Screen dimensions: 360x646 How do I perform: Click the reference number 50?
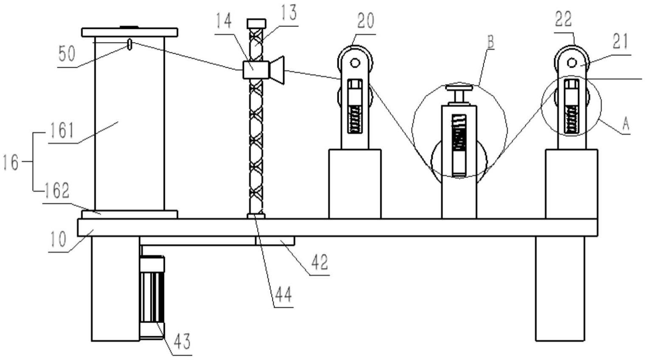coord(66,54)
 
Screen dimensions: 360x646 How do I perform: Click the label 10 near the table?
coord(57,239)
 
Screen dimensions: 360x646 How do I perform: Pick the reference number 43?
coord(181,341)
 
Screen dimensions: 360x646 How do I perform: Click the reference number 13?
coord(289,13)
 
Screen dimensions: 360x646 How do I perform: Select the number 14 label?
coord(224,20)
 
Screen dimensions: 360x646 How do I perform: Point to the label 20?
coord(365,20)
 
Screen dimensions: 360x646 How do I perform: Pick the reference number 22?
coord(564,19)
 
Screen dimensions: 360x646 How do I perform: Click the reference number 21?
coord(620,42)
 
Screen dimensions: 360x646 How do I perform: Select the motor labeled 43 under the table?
coord(152,298)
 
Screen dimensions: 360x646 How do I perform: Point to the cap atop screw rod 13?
coord(256,23)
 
